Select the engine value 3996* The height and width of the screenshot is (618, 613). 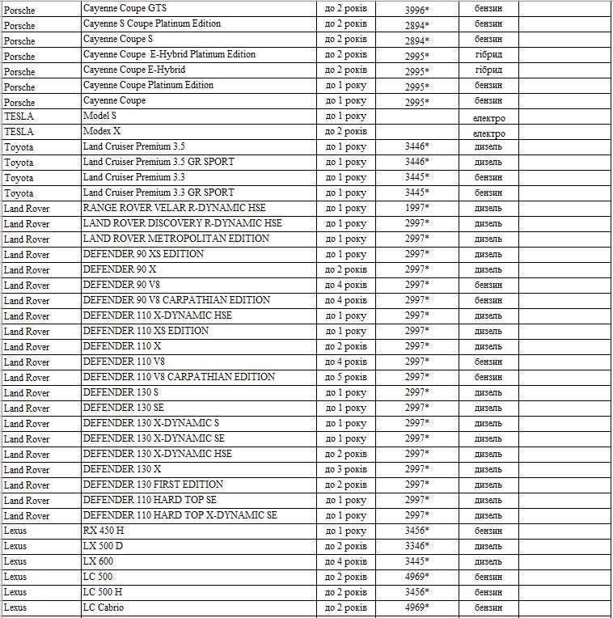[x=416, y=10]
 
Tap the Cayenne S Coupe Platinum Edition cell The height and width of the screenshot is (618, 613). [x=151, y=23]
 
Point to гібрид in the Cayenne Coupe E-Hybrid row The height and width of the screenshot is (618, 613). [x=488, y=70]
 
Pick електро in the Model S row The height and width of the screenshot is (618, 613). [x=488, y=118]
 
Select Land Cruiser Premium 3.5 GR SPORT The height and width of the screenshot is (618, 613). [x=159, y=162]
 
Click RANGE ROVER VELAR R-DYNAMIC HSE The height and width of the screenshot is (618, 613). [x=174, y=208]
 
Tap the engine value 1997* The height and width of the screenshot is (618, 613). [x=416, y=209]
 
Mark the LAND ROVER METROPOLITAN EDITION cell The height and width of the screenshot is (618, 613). [x=175, y=239]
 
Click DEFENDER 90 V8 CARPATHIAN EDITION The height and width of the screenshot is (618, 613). [x=176, y=300]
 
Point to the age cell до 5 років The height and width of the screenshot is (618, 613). [x=345, y=378]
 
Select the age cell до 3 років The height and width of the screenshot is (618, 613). [x=345, y=470]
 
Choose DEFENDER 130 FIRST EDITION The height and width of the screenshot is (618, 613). [x=153, y=485]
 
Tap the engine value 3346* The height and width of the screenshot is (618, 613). [x=416, y=547]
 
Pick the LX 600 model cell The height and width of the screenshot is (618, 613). [x=98, y=561]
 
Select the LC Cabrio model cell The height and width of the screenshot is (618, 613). [x=104, y=607]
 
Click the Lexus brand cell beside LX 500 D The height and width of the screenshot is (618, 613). [x=15, y=546]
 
